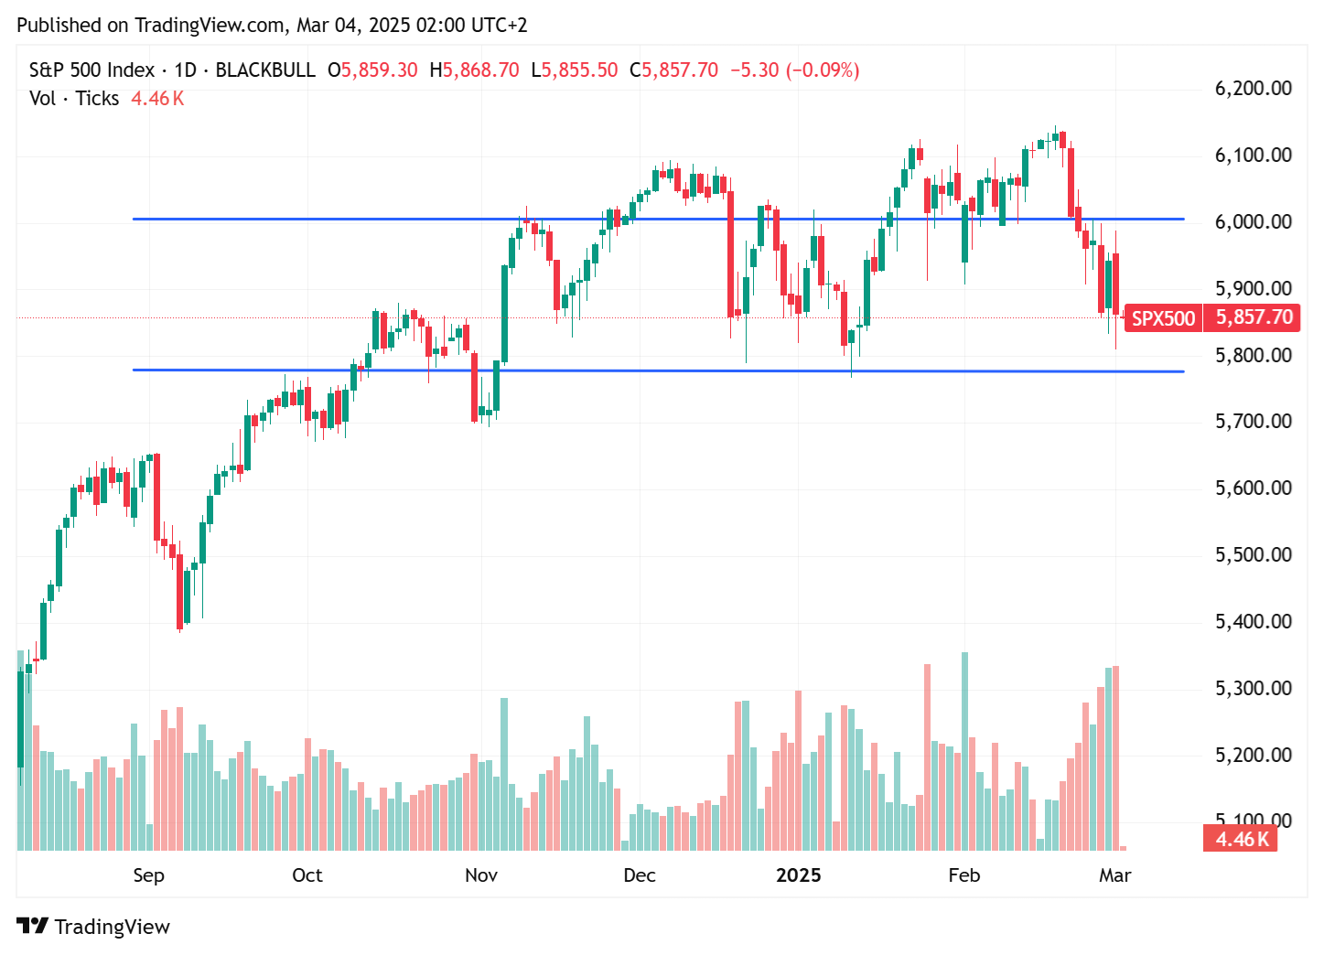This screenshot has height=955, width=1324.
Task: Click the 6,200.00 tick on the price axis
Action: pos(1253,89)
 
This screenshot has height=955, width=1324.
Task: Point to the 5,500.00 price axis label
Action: pos(1253,554)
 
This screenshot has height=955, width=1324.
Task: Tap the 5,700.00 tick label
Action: pos(1253,422)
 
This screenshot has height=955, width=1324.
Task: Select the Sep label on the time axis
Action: pos(148,875)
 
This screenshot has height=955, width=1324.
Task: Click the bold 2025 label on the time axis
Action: pos(798,875)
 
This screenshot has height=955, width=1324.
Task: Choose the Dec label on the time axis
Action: pos(640,875)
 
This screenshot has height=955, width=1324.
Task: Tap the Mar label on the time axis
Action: pos(1114,875)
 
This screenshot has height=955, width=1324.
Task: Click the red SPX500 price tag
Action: pos(1163,318)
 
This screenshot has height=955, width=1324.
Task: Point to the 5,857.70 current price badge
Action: pos(1254,317)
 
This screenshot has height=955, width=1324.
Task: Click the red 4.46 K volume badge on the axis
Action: pos(1241,839)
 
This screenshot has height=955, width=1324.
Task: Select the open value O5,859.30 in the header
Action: pos(372,70)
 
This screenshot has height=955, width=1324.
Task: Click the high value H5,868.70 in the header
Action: pos(474,70)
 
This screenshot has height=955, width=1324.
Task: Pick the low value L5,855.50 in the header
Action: pos(575,70)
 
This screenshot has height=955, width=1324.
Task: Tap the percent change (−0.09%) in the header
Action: pos(823,70)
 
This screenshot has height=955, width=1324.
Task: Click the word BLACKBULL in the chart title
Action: pos(265,70)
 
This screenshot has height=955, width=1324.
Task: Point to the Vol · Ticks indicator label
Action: pos(74,99)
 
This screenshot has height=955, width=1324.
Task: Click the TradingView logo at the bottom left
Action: pos(93,927)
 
